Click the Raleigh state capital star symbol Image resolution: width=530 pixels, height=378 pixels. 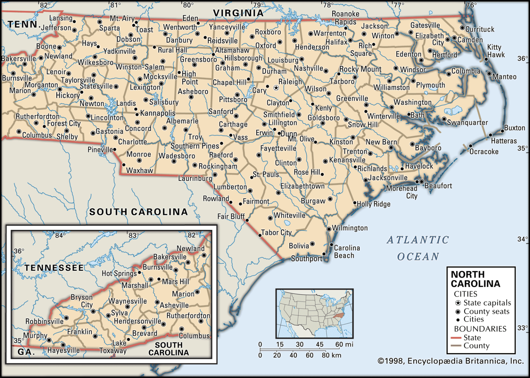pyautogui.click(x=276, y=88)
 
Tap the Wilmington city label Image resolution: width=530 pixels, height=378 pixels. pyautogui.click(x=350, y=228)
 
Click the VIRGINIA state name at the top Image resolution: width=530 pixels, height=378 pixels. pyautogui.click(x=238, y=13)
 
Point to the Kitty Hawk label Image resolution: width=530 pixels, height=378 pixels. pyautogui.click(x=496, y=51)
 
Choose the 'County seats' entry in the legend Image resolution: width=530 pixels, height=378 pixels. pyautogui.click(x=486, y=311)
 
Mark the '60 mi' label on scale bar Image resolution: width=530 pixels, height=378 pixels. pyautogui.click(x=344, y=344)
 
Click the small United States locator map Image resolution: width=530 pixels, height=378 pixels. pyautogui.click(x=314, y=314)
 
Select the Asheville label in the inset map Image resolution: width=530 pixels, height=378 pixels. pyautogui.click(x=174, y=305)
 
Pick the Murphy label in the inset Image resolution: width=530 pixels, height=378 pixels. pyautogui.click(x=35, y=335)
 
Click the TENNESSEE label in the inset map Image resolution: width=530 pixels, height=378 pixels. pyautogui.click(x=54, y=268)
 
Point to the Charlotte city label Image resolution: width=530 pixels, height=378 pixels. pyautogui.click(x=132, y=142)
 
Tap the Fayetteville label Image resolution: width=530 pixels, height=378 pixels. pyautogui.click(x=278, y=149)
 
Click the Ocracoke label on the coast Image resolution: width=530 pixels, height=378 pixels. pyautogui.click(x=484, y=152)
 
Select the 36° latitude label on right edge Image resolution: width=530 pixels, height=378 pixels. pyautogui.click(x=522, y=59)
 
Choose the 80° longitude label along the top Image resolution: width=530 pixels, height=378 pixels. pyautogui.click(x=188, y=5)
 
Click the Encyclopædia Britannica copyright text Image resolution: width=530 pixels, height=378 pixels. pyautogui.click(x=451, y=361)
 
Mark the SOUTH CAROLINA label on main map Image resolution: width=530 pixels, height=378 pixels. pyautogui.click(x=138, y=212)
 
